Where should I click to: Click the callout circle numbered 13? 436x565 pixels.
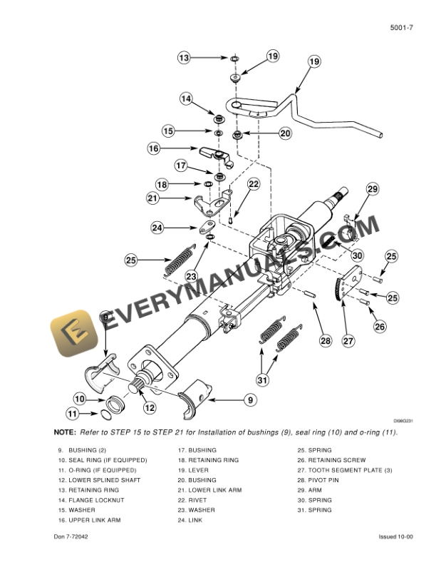point(184,58)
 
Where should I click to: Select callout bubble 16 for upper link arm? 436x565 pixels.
point(154,149)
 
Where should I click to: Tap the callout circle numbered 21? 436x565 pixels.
point(153,198)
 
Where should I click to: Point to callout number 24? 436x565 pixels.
point(157,228)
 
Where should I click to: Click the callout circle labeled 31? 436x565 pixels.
point(263,380)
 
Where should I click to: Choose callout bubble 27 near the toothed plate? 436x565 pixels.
point(348,341)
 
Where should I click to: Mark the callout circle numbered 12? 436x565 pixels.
point(150,408)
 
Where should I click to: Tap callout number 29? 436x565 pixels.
point(372,189)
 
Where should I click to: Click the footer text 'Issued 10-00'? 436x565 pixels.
point(396,536)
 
